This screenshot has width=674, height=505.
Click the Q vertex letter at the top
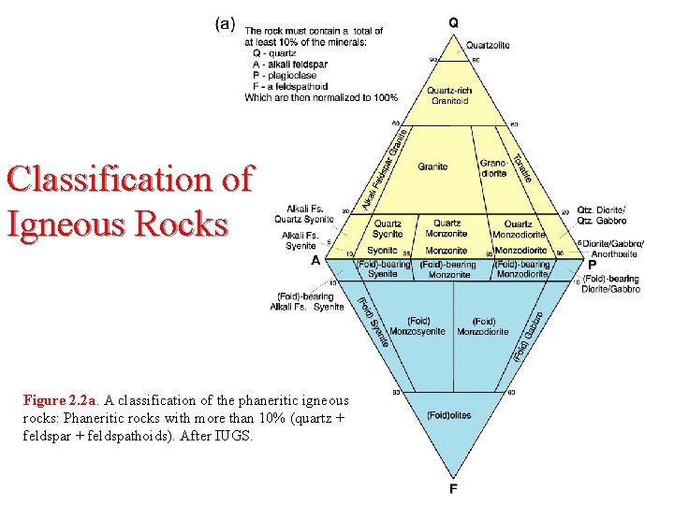pos(453,22)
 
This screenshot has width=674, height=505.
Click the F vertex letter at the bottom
pos(453,488)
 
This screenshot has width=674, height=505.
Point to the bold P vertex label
pos(592,264)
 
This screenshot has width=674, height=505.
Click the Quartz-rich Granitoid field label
pos(449,95)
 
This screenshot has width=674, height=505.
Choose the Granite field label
pos(432,166)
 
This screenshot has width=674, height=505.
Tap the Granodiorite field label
pos(493,168)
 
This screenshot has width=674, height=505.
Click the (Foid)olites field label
pos(448,415)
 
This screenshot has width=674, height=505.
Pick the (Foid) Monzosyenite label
pos(407,326)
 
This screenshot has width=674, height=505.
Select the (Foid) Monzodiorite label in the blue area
pos(483,326)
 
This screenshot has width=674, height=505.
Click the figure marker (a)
pos(226,24)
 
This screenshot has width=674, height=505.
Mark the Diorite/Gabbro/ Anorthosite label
pos(612,248)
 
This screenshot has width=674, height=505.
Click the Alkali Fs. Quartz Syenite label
pos(304,214)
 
